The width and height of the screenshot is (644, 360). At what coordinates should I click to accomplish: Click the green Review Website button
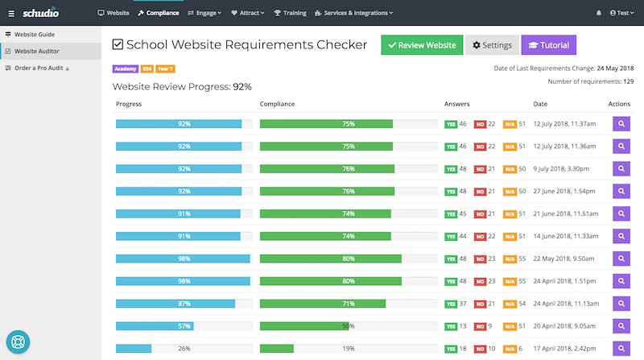coord(422,45)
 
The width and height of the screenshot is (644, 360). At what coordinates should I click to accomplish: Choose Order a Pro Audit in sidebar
coord(39,68)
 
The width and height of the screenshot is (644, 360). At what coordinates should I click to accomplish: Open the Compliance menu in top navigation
coord(159,13)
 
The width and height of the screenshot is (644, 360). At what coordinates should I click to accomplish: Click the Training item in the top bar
coord(290,13)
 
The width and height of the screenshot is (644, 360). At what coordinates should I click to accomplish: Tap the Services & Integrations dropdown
coord(354,13)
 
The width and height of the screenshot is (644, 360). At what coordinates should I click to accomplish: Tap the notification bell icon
coord(598,13)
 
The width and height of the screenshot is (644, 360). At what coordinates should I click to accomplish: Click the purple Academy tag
coord(126,68)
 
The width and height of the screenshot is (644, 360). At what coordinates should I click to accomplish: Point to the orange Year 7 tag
coord(166,68)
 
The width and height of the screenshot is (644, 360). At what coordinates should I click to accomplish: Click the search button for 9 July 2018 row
coord(621,169)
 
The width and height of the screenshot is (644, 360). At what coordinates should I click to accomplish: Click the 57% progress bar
coord(155,326)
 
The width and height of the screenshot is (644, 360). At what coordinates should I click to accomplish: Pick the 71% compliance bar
coord(323,304)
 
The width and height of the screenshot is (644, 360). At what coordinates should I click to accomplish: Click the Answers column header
coord(456,104)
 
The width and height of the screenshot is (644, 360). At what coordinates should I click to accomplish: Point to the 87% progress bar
coord(175,304)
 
